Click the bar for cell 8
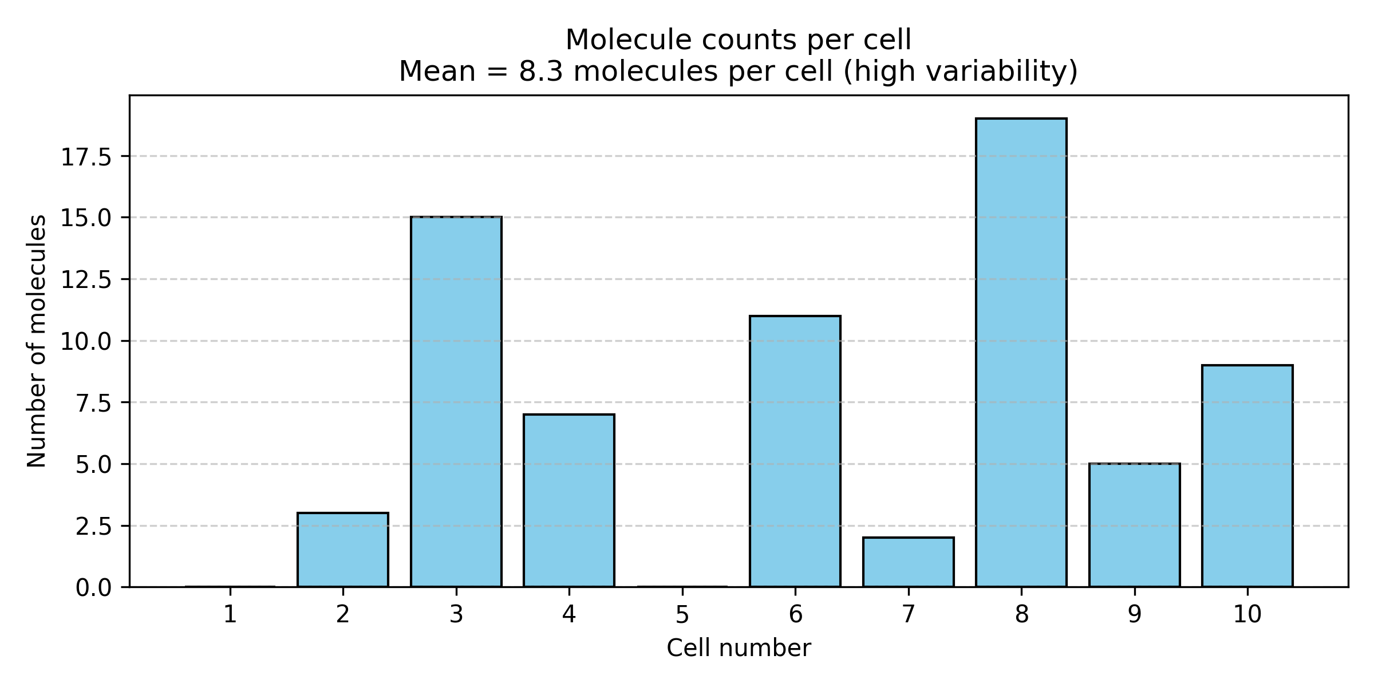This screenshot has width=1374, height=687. click(x=1021, y=352)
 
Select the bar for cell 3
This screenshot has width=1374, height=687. click(x=456, y=401)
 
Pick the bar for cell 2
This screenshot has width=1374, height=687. click(x=343, y=550)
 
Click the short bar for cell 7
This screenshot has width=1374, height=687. click(x=909, y=562)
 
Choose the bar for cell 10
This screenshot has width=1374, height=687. click(x=1247, y=475)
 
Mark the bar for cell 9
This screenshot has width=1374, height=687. click(x=1135, y=524)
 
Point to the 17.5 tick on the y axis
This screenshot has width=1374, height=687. click(x=86, y=157)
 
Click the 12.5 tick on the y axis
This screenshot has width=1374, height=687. click(x=86, y=281)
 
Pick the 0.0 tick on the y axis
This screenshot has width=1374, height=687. click(x=93, y=588)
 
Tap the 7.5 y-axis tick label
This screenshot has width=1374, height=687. click(x=93, y=404)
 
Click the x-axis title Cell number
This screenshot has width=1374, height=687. click(x=739, y=649)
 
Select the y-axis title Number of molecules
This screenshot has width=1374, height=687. click(x=37, y=341)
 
